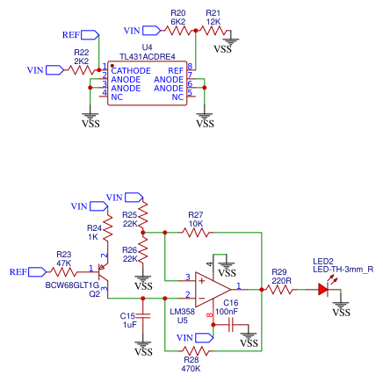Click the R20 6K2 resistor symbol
coord(178,30)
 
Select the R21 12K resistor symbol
coord(213,30)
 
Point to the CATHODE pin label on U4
coord(130,69)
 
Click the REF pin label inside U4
coord(176,69)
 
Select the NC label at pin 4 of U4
coord(116,96)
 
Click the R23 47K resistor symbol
coord(64,271)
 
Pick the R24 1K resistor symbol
coord(106,232)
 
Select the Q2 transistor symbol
coord(103,277)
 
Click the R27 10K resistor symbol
coord(195,232)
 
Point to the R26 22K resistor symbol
coord(143,256)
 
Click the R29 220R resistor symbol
coord(279,288)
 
